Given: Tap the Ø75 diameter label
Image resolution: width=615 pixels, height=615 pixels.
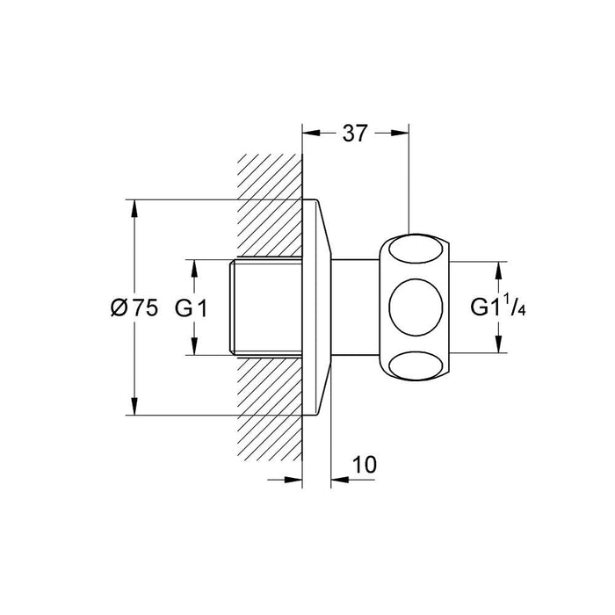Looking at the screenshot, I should click(x=134, y=307).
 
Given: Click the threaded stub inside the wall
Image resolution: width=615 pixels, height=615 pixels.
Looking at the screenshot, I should click(x=264, y=307).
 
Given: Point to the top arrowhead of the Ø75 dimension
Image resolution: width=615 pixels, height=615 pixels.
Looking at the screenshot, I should click(x=134, y=207).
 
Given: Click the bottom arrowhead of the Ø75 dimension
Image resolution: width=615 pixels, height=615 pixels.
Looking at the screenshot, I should click(x=134, y=408).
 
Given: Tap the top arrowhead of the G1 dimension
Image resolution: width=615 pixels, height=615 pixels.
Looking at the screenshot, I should click(x=194, y=266).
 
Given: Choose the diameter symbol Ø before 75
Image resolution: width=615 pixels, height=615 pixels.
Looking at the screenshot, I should click(x=119, y=307).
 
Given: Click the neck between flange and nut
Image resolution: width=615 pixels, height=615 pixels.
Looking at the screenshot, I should click(x=358, y=307).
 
